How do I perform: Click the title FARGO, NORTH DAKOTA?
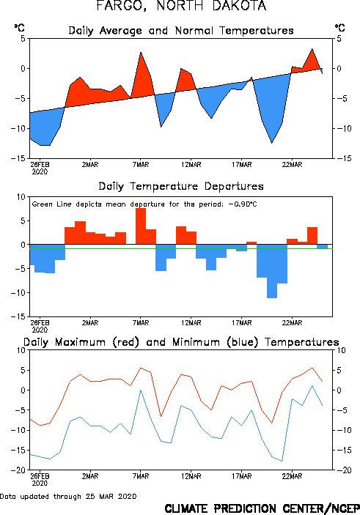tap(181, 6)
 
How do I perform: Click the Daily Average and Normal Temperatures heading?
tap(181, 31)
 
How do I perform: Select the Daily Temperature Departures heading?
tap(181, 186)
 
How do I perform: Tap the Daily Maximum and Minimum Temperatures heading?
tap(181, 342)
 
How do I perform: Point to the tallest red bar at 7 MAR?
tap(141, 226)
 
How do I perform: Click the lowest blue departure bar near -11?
tap(272, 271)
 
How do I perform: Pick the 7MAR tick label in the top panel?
tap(141, 165)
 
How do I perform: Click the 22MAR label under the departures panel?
tap(292, 323)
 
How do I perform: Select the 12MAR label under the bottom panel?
tap(191, 476)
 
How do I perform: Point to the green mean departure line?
tap(181, 248)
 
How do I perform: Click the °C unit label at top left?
tap(19, 28)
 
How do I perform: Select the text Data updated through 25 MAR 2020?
tap(68, 496)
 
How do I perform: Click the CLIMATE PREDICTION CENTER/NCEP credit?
tap(262, 508)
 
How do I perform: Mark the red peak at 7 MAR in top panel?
tap(141, 52)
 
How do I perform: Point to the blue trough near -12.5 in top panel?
tap(272, 143)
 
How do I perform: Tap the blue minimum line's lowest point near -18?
tap(282, 461)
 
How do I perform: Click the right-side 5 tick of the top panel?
tap(339, 39)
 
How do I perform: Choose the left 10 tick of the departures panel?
tap(21, 197)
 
